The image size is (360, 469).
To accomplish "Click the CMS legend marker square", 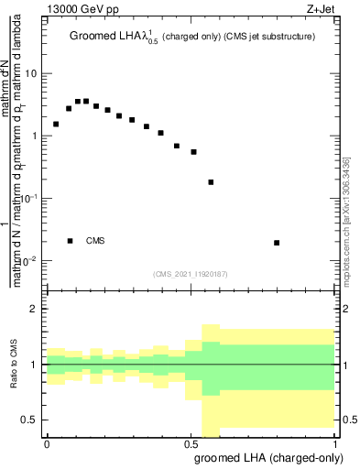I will [x=71, y=241].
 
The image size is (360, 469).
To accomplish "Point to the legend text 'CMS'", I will [x=95, y=241].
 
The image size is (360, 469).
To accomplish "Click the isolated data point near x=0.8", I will [x=277, y=243].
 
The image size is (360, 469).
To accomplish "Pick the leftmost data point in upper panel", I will [x=56, y=124].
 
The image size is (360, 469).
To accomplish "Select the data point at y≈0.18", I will [x=211, y=182].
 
